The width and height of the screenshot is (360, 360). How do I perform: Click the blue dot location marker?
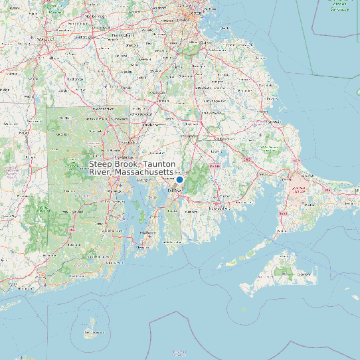click(x=179, y=179)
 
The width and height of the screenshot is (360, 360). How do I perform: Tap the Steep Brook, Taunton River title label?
click(x=132, y=168)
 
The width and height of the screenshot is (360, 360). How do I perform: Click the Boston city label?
click(x=195, y=13)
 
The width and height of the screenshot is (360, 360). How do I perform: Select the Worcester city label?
click(x=45, y=39)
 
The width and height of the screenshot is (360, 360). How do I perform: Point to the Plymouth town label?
click(x=273, y=122)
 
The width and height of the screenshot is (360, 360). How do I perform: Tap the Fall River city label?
click(x=175, y=190)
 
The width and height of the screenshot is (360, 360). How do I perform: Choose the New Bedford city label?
click(x=218, y=207)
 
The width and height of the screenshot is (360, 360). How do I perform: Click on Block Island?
click(x=91, y=327)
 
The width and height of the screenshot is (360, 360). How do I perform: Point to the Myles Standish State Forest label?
click(x=271, y=147)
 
